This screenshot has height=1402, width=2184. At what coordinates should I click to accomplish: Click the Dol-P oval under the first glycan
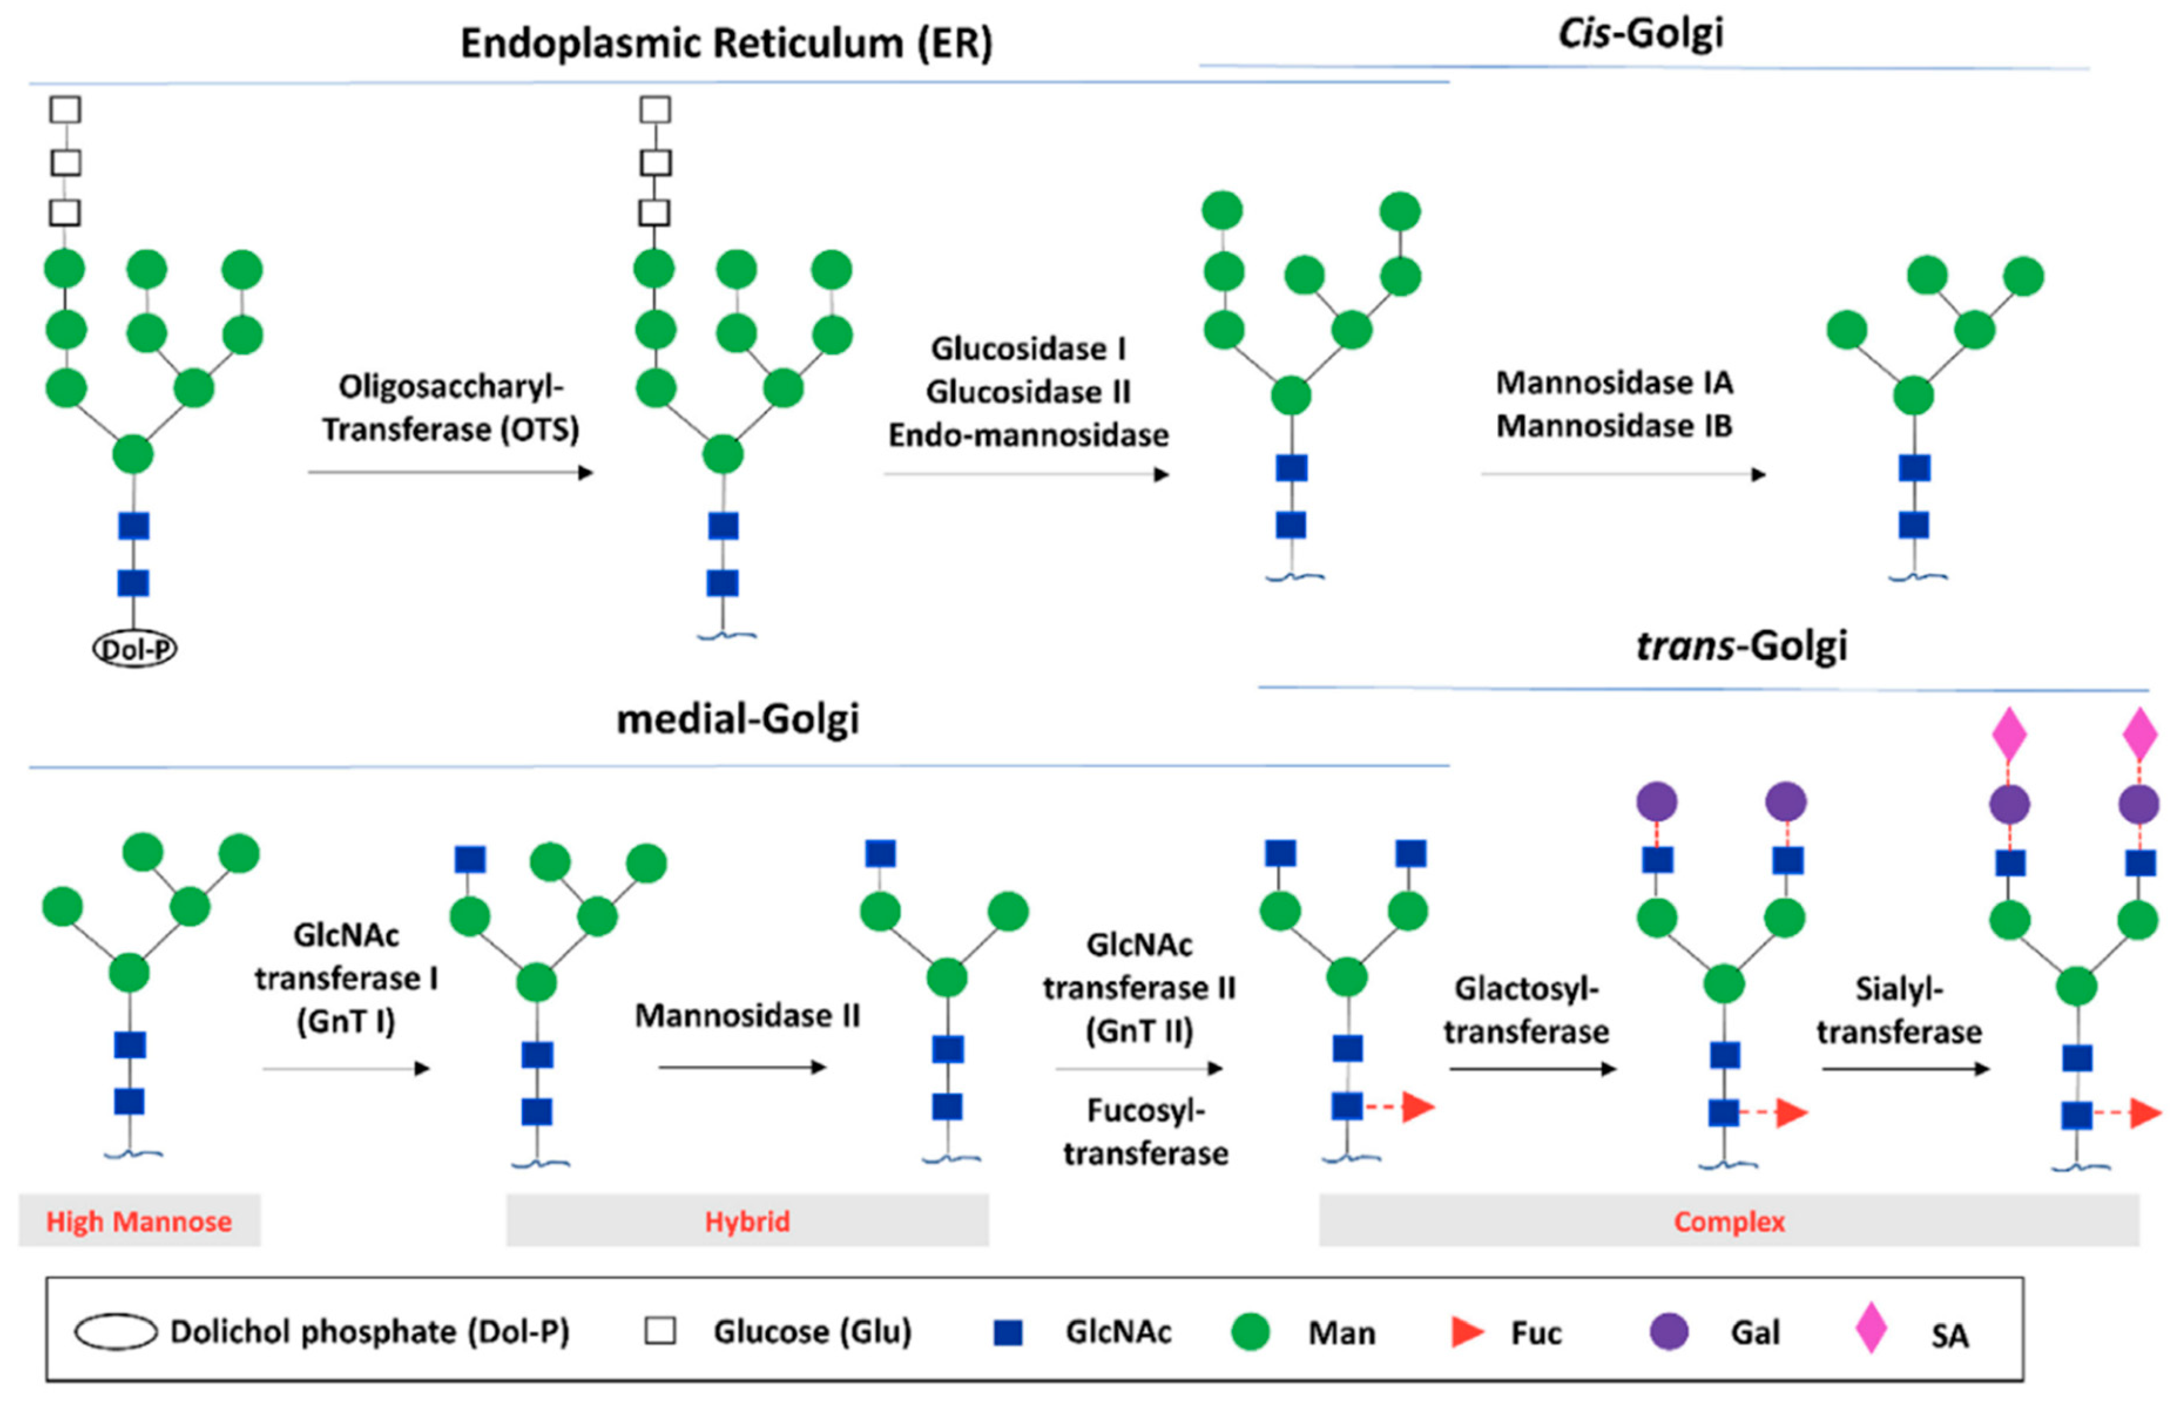(x=135, y=649)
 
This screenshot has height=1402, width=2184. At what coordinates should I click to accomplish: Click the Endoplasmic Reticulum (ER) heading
(x=726, y=43)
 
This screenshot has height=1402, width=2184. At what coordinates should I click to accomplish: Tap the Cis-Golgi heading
(x=1640, y=33)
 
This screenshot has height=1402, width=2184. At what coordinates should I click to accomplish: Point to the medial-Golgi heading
(x=738, y=719)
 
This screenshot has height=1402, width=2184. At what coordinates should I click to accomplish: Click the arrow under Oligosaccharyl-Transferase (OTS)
(x=451, y=472)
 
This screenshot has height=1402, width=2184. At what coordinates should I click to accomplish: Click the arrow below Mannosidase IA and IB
(x=1623, y=475)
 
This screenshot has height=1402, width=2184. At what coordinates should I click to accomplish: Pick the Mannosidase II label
(x=747, y=1015)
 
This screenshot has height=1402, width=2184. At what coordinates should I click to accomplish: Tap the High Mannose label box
(x=139, y=1221)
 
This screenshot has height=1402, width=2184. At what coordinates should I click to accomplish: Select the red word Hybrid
(x=747, y=1221)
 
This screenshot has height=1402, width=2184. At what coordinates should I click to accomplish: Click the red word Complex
(x=1729, y=1221)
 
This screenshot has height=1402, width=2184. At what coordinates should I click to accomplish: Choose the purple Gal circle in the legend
(x=1669, y=1331)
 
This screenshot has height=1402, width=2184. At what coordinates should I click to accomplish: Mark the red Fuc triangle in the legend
(x=1466, y=1332)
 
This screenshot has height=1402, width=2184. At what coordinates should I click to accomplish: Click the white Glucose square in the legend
(x=660, y=1331)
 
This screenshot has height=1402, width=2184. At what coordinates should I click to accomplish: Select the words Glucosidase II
(x=1028, y=392)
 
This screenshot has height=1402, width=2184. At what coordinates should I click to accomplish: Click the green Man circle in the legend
(x=1250, y=1331)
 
